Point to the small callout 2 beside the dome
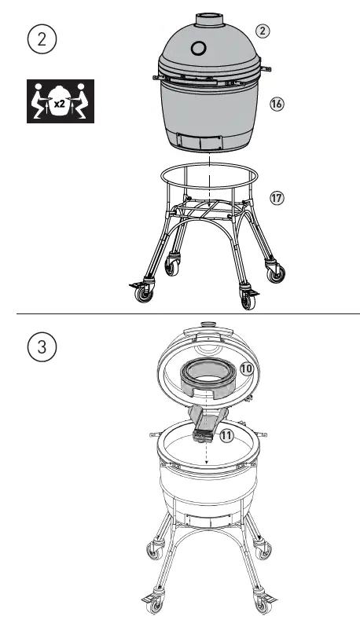(262, 31)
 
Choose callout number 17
(276, 198)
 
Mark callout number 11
(227, 434)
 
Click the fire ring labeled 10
(208, 379)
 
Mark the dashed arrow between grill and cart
(211, 177)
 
